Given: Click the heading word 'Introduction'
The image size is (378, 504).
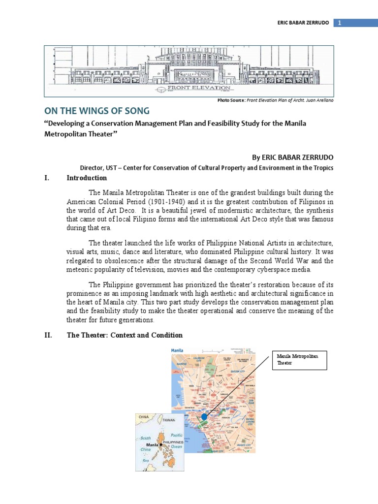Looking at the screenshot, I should (87, 178).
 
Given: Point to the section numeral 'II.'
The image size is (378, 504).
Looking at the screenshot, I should (48, 335).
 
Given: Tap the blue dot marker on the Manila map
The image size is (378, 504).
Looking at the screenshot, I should (205, 417).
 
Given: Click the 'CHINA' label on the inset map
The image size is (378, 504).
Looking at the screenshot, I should (144, 417).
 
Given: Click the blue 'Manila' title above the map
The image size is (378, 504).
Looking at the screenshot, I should (177, 350).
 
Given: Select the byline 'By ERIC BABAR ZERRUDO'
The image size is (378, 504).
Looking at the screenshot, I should (292, 157).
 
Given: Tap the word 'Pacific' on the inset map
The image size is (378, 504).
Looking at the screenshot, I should (176, 435).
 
